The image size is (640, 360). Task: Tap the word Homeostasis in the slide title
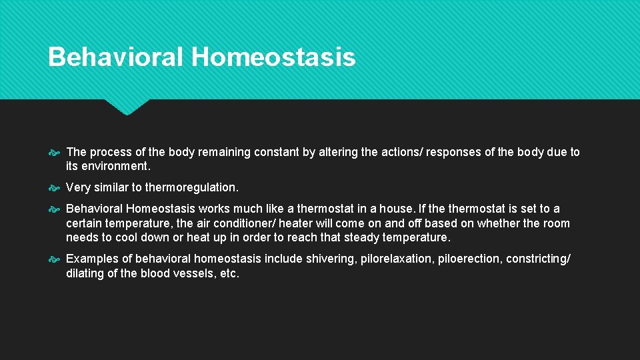click(x=273, y=57)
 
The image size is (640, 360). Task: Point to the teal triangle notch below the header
click(x=127, y=107)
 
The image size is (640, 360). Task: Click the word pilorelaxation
click(x=396, y=259)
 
